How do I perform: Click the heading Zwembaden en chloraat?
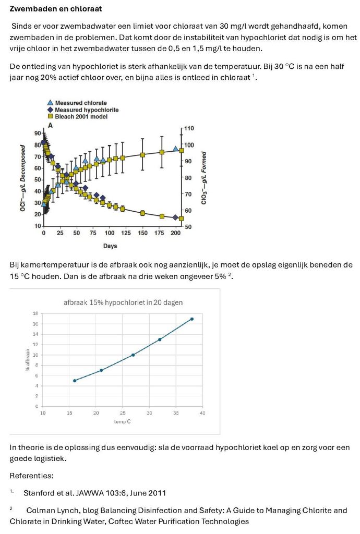click(x=56, y=9)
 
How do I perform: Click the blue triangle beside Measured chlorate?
click(x=51, y=103)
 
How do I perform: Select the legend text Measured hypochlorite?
click(x=87, y=110)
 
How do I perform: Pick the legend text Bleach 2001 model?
click(x=81, y=116)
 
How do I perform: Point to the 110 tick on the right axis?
click(x=189, y=128)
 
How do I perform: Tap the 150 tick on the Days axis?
click(x=143, y=233)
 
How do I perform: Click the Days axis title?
click(x=110, y=246)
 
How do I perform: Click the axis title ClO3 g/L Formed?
click(x=204, y=178)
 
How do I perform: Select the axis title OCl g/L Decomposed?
click(x=23, y=178)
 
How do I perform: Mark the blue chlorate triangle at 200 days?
click(x=175, y=149)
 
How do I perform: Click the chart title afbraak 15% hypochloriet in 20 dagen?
click(x=123, y=302)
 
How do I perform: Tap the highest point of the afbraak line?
click(x=192, y=319)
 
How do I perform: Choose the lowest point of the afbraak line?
click(x=75, y=380)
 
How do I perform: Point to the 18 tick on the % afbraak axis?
click(x=35, y=313)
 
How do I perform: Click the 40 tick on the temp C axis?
click(x=202, y=413)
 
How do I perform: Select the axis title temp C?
click(x=122, y=421)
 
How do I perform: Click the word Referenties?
click(x=31, y=476)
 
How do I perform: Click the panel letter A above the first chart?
click(x=51, y=125)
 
